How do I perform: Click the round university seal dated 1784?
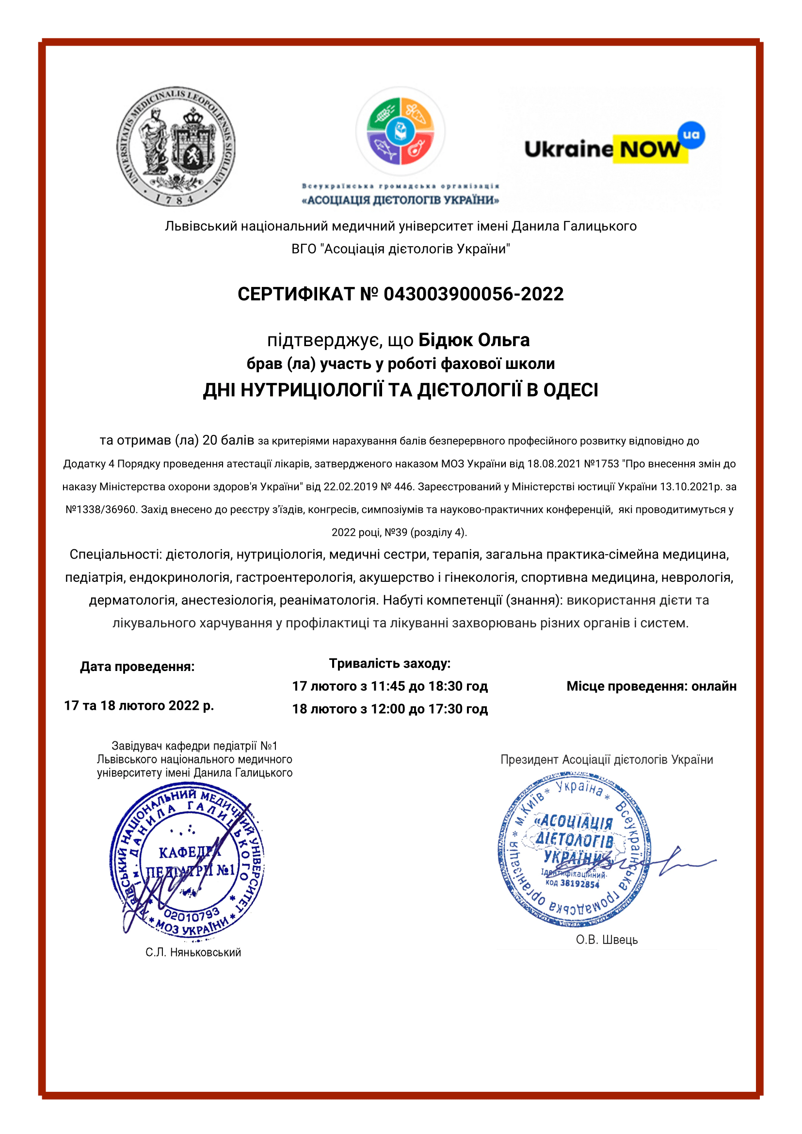click(176, 146)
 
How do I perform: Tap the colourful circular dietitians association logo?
click(400, 131)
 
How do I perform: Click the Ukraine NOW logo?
click(614, 147)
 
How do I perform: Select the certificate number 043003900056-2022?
click(473, 294)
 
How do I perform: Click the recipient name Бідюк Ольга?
click(474, 340)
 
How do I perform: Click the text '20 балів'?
click(228, 440)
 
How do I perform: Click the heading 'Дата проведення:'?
click(137, 667)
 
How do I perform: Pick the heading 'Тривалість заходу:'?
click(390, 663)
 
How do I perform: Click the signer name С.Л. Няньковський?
click(193, 952)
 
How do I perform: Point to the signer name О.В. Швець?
click(607, 940)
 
